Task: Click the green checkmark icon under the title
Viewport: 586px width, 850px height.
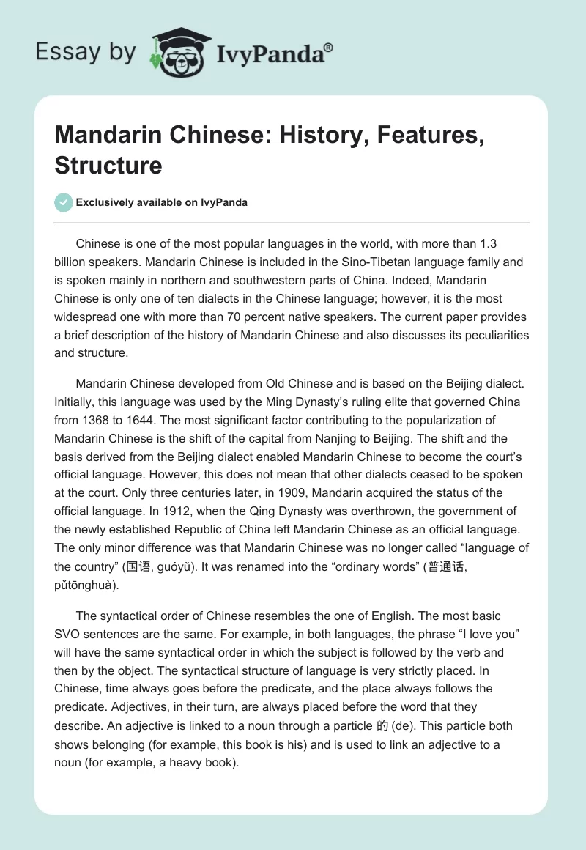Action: (x=64, y=202)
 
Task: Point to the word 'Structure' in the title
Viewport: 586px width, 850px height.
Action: (x=108, y=165)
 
